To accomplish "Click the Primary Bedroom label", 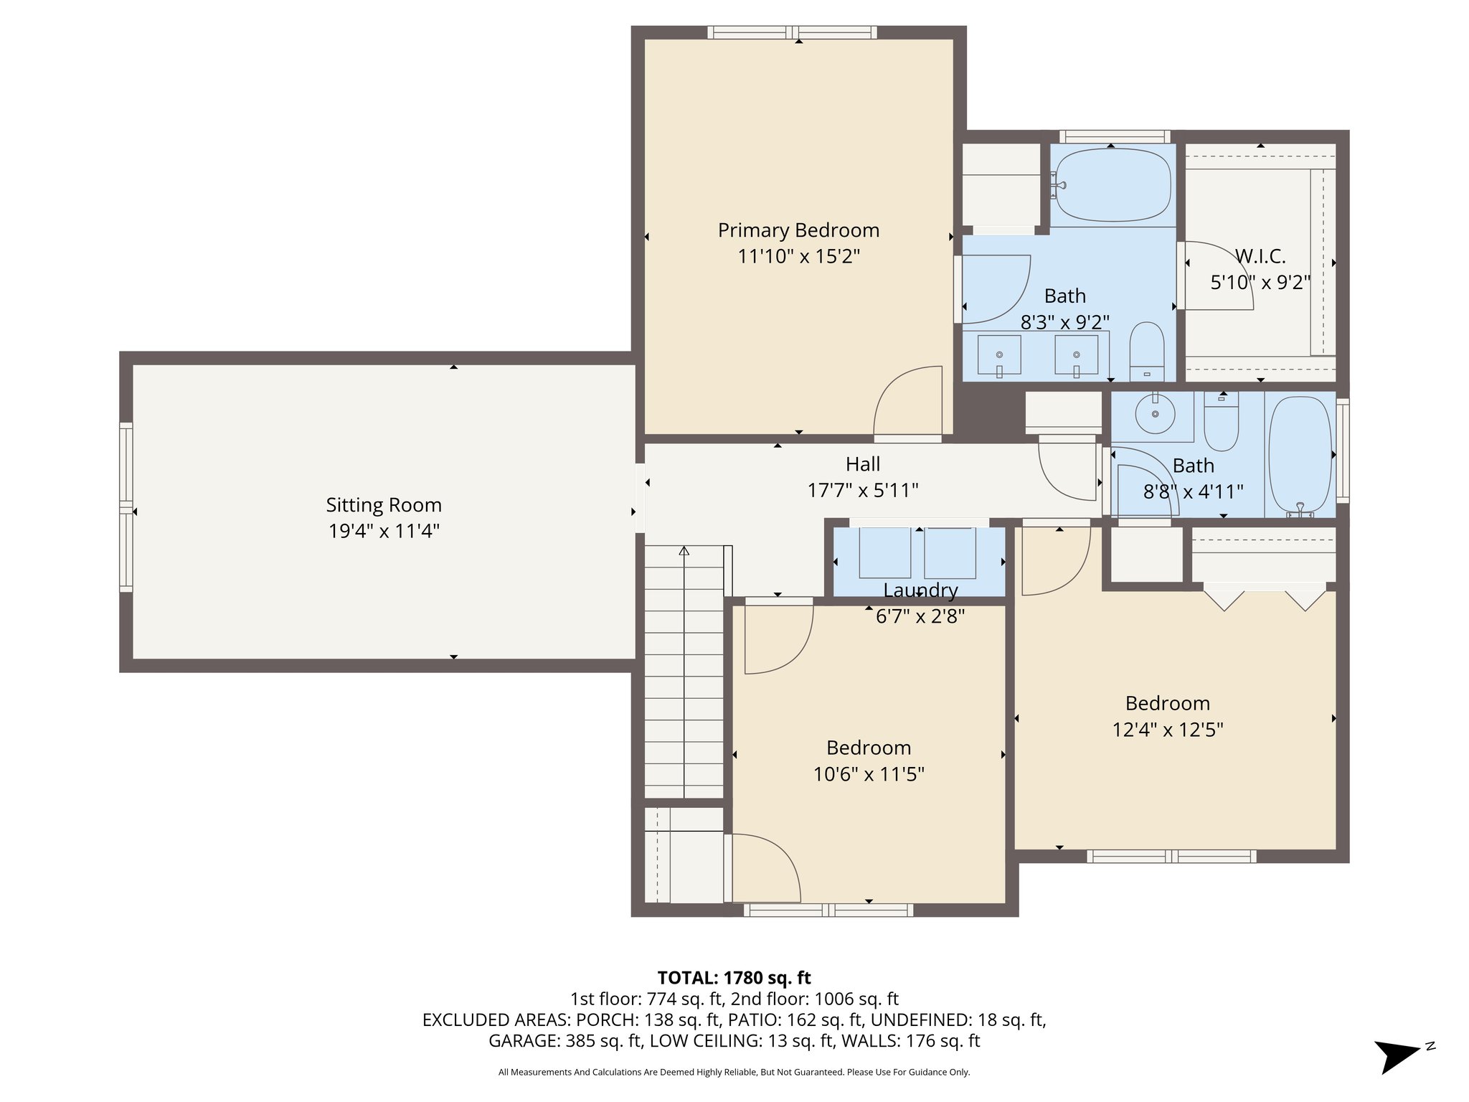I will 798,230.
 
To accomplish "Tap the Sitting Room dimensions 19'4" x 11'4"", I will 384,532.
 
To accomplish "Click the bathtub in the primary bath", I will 1113,185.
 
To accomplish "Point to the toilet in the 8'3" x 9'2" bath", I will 1146,351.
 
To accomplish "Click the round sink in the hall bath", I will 1155,414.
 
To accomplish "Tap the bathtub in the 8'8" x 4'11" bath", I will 1300,457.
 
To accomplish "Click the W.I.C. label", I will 1260,256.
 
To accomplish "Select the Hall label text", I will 862,464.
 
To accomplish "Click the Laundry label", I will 920,590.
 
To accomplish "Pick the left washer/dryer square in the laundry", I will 885,553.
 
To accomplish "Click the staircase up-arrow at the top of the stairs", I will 684,551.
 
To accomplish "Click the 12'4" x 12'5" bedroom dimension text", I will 1167,730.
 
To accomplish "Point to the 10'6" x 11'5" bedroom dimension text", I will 868,774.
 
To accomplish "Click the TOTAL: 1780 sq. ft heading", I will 734,978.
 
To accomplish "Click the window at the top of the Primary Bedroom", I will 792,32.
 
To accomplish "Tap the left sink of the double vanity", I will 999,355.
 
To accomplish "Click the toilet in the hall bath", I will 1221,425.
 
